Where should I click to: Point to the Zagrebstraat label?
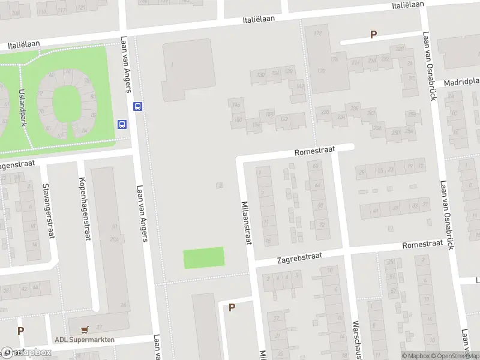299,258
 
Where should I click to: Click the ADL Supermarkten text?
84,340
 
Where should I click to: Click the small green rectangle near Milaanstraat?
203,257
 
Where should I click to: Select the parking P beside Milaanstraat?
232,308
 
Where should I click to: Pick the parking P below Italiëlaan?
373,35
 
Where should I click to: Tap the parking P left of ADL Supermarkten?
20,331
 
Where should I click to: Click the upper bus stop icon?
138,107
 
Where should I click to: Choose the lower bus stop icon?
122,125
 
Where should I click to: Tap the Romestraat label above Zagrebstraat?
422,244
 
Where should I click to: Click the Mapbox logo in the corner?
27,353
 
